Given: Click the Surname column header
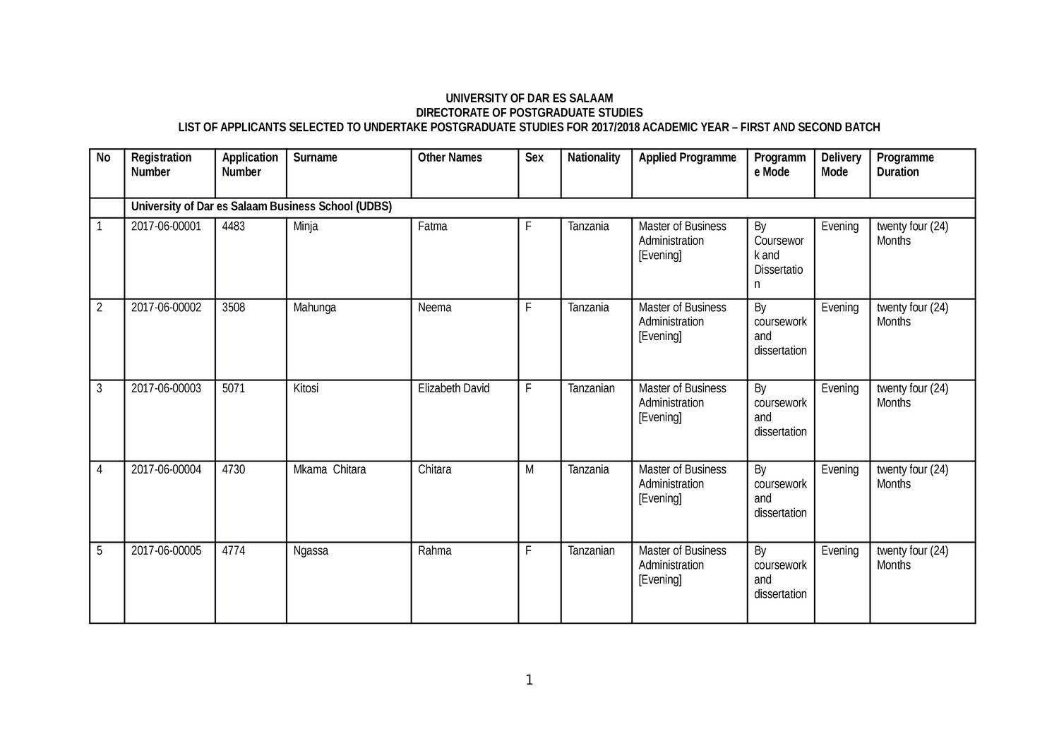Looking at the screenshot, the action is click(315, 157).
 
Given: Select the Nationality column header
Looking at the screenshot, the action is click(594, 157).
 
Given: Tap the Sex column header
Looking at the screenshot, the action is click(534, 157).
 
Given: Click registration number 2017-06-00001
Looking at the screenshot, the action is click(166, 227).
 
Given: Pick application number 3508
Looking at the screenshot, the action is click(234, 308).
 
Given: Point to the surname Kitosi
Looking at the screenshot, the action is click(306, 389).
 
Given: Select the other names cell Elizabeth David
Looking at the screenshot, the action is click(453, 389).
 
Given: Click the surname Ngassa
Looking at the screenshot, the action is click(311, 551).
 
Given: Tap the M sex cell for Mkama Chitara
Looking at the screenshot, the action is click(529, 470).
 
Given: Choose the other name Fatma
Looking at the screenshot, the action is click(432, 227).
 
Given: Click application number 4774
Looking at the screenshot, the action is click(234, 551).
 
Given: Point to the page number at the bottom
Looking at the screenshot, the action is click(529, 680).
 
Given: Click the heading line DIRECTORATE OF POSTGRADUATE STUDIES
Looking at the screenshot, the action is click(529, 113).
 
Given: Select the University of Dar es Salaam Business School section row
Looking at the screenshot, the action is click(261, 207).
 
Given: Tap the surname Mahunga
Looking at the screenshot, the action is click(315, 308).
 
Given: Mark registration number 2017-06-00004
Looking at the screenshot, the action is click(166, 470).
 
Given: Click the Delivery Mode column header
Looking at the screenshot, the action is click(841, 164).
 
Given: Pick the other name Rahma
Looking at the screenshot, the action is click(434, 551).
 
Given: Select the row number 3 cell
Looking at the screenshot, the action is click(100, 389).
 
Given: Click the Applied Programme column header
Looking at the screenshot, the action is click(687, 157).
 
